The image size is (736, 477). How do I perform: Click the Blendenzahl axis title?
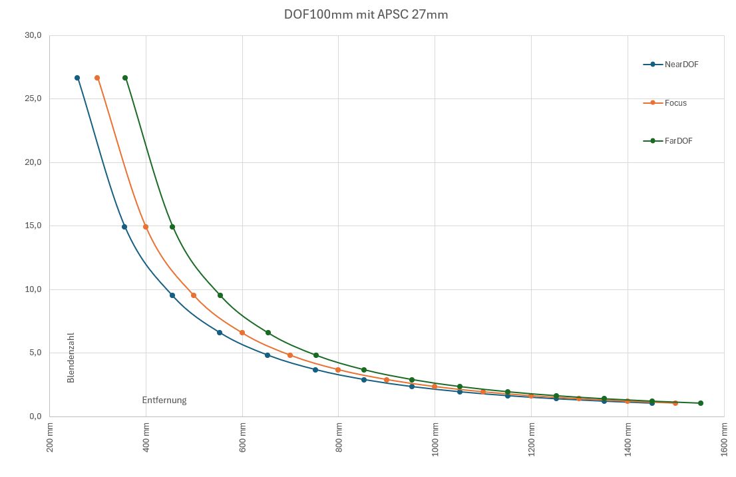tap(71, 357)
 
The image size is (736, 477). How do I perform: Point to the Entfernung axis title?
tap(164, 400)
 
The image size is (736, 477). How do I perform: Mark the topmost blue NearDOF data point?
tap(77, 78)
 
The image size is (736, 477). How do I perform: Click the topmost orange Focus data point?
tap(97, 78)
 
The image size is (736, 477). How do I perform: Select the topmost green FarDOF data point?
tap(125, 78)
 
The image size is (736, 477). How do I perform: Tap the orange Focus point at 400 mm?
tap(146, 227)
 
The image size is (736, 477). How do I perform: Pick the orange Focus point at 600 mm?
tap(242, 333)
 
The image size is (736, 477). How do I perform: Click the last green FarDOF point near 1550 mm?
tap(701, 403)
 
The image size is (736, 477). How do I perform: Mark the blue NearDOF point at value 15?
tap(124, 227)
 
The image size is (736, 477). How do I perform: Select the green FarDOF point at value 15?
tap(172, 227)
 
